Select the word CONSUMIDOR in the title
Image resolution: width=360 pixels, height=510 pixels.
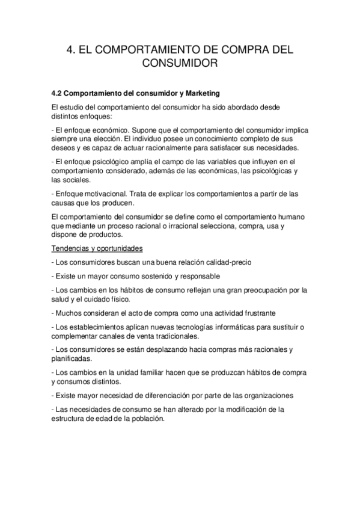[180, 63]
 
